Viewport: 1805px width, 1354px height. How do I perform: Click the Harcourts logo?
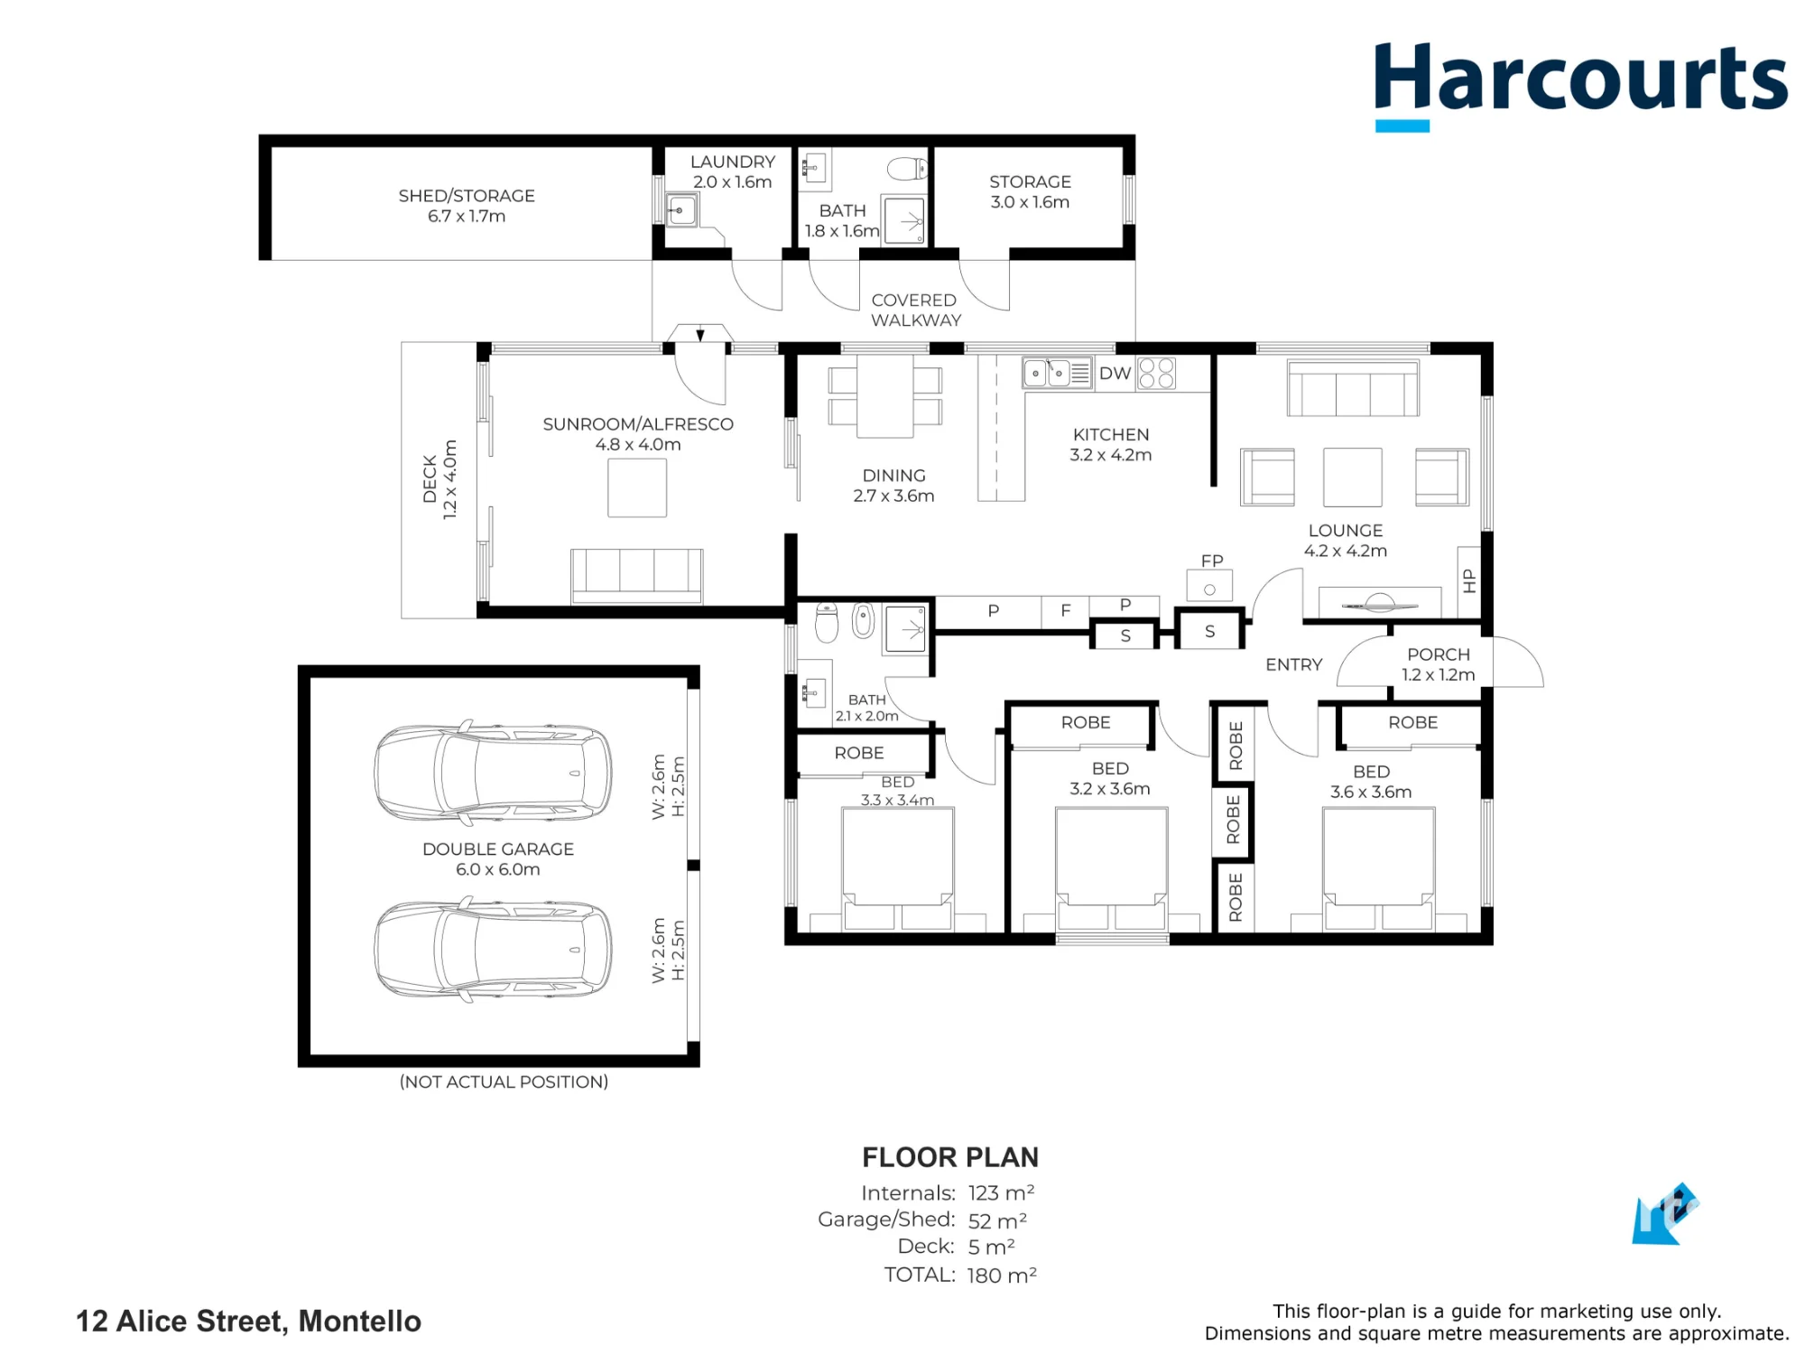[x=1580, y=86]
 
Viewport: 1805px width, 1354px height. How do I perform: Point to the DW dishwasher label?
[x=1115, y=373]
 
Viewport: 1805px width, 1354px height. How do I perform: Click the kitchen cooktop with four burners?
[x=1156, y=373]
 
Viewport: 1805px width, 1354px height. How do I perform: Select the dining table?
[x=884, y=395]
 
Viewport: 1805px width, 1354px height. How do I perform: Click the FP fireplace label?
[x=1212, y=561]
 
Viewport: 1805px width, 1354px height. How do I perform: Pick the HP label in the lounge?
[x=1469, y=580]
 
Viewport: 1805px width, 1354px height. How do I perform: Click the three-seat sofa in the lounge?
[x=1353, y=388]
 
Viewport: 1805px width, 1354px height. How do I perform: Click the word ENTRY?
[x=1294, y=664]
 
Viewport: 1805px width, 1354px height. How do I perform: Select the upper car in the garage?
[x=493, y=773]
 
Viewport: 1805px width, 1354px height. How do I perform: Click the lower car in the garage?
[x=493, y=950]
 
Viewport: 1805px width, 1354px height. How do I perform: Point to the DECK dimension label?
[x=440, y=478]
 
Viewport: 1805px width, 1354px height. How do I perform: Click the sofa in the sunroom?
[x=637, y=575]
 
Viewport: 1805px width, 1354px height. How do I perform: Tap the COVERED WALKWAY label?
[x=915, y=310]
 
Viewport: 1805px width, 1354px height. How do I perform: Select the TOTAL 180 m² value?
[x=1002, y=1275]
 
